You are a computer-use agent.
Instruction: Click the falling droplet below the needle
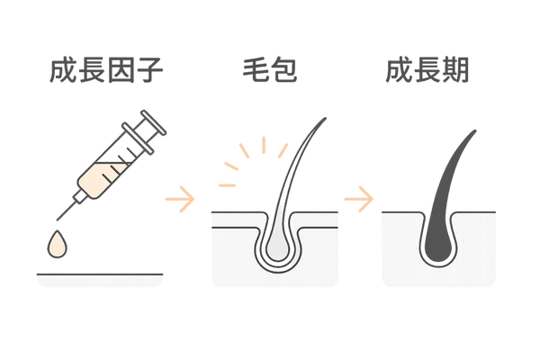(59, 243)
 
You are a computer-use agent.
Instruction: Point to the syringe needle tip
(58, 220)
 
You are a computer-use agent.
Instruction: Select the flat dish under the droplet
(100, 279)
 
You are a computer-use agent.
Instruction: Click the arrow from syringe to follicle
(184, 195)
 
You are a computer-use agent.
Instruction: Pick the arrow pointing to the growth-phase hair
(360, 195)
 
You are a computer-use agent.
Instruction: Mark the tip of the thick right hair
(475, 130)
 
